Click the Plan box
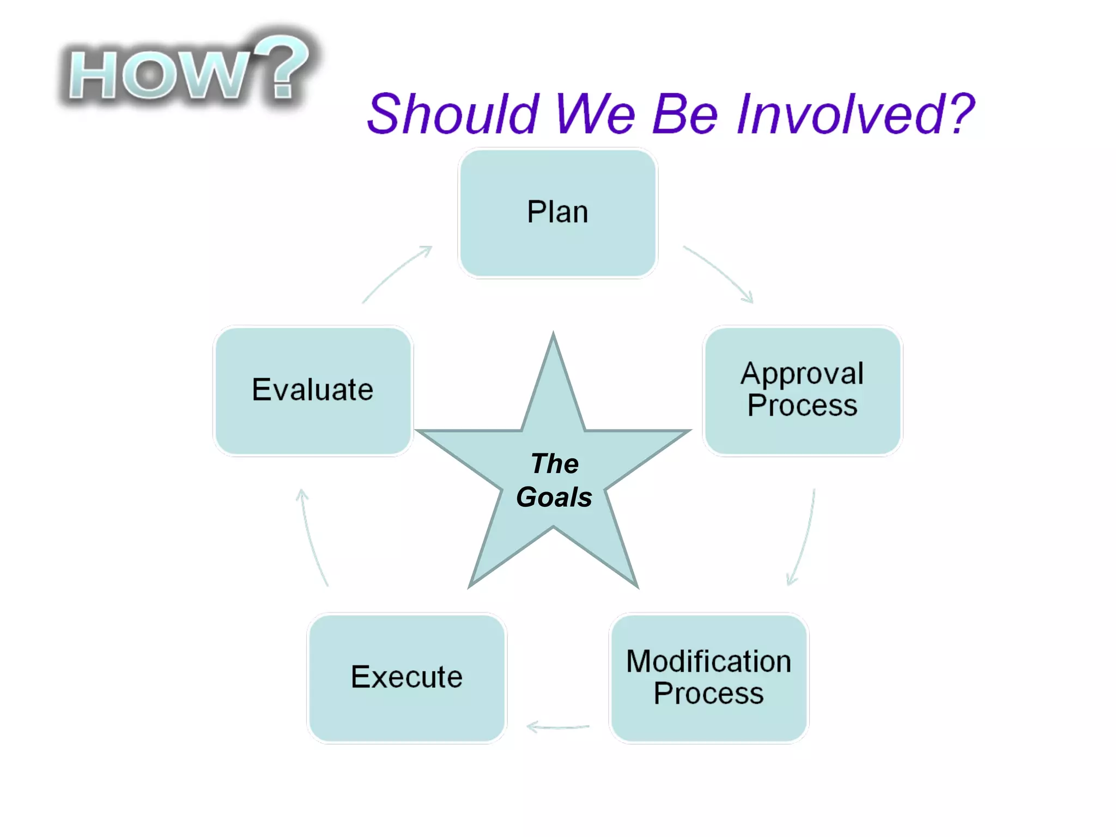pos(557,213)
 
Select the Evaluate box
pos(312,390)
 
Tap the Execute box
pos(407,677)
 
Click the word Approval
pos(802,374)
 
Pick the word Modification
pos(708,662)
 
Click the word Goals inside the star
pos(554,497)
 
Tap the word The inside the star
pos(555,464)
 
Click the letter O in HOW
pos(149,76)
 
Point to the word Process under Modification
pos(708,693)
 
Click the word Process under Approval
pos(802,406)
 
